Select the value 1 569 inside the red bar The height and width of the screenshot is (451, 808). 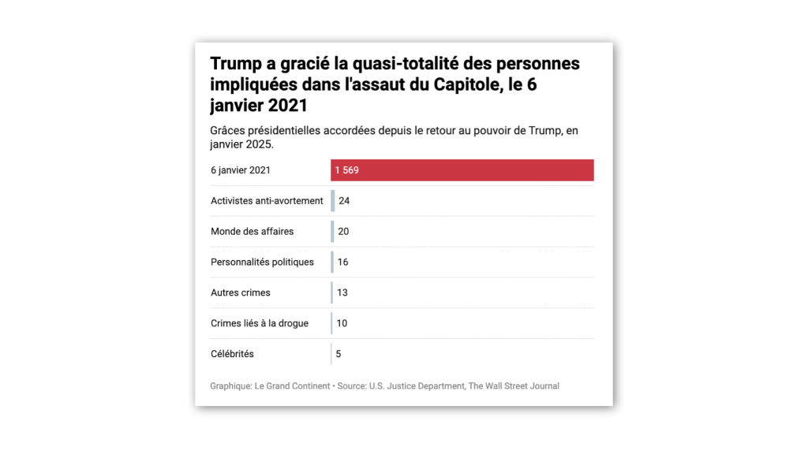point(346,170)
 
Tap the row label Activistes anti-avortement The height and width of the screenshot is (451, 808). point(267,201)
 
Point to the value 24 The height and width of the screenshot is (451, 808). point(344,201)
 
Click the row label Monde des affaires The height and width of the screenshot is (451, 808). point(252,232)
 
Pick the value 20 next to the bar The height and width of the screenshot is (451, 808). point(343,232)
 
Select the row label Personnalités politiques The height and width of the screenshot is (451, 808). point(262,262)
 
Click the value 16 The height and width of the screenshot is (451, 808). point(342,262)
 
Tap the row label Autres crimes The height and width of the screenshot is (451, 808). point(240,293)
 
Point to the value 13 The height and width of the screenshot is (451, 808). point(342,293)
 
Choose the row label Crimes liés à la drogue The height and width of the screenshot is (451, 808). point(259,323)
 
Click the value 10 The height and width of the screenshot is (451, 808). point(342,323)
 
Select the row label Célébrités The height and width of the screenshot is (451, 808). point(232,354)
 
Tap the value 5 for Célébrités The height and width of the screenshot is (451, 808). point(339,354)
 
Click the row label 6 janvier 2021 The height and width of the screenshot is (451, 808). point(240,170)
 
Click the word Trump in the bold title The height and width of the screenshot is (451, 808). point(235,64)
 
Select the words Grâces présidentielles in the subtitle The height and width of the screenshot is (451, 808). point(264,130)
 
